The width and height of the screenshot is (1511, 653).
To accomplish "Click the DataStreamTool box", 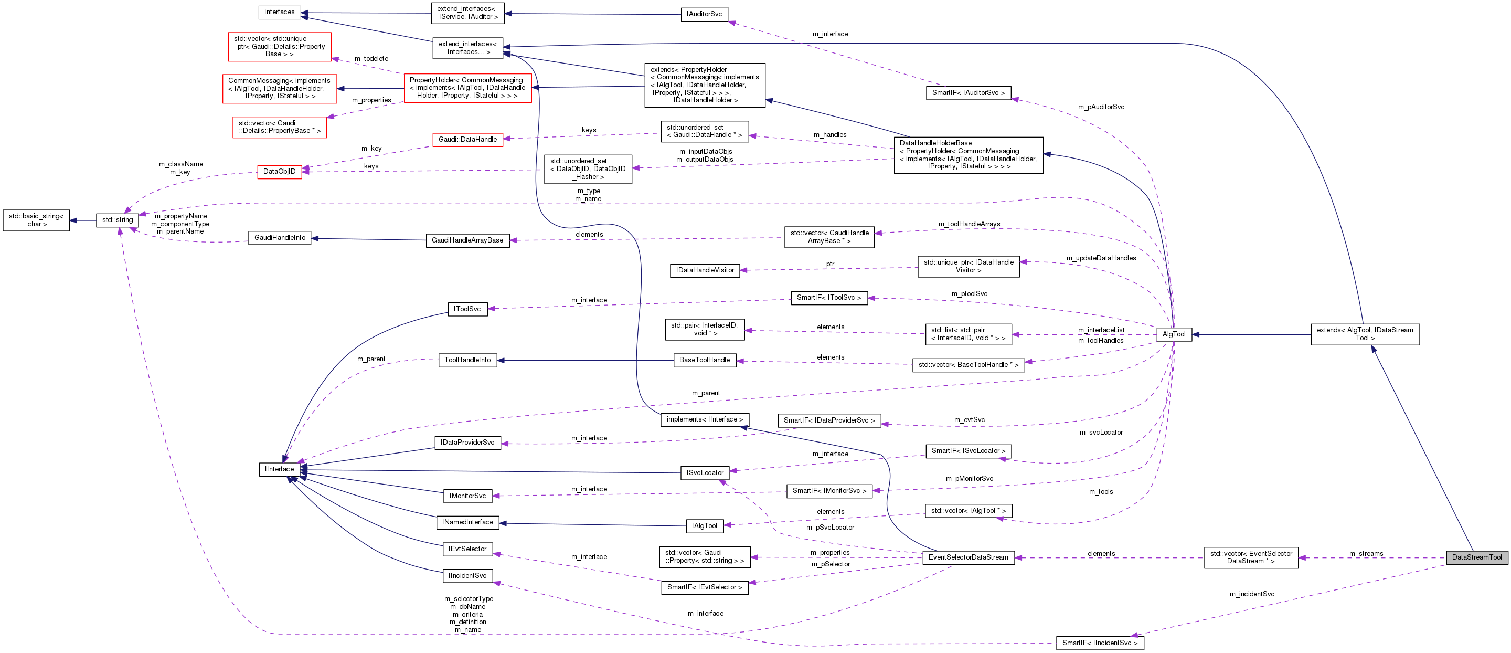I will [x=1476, y=557].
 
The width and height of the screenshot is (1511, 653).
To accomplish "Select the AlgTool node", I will [x=1174, y=334].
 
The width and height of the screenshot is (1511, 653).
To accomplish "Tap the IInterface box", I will [x=279, y=469].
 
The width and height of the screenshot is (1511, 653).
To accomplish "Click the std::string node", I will [x=118, y=220].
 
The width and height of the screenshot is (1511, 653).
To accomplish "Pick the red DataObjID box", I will [x=279, y=171].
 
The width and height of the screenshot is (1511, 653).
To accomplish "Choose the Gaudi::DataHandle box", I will [x=467, y=140].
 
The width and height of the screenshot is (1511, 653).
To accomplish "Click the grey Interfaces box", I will [x=279, y=12].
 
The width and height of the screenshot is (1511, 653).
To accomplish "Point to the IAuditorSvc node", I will [x=705, y=14].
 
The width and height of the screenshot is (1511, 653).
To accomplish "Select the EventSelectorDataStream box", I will [x=968, y=557].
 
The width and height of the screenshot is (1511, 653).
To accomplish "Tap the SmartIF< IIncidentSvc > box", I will [x=1099, y=643].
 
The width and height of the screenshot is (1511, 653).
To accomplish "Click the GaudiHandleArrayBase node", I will [x=467, y=240].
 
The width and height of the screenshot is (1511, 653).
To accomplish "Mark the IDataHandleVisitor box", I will [x=705, y=270].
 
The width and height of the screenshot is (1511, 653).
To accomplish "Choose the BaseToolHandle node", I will [x=705, y=360].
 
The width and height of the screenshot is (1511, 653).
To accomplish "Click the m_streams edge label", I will [x=1366, y=554].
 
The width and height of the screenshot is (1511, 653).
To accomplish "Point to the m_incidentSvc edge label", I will [x=1252, y=594].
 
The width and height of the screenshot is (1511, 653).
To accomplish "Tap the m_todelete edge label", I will [x=371, y=59].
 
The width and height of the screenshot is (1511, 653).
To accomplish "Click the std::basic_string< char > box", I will [x=36, y=220].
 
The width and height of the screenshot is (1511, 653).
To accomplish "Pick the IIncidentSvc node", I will [x=467, y=575].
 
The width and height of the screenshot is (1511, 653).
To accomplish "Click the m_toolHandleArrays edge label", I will [x=969, y=224].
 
